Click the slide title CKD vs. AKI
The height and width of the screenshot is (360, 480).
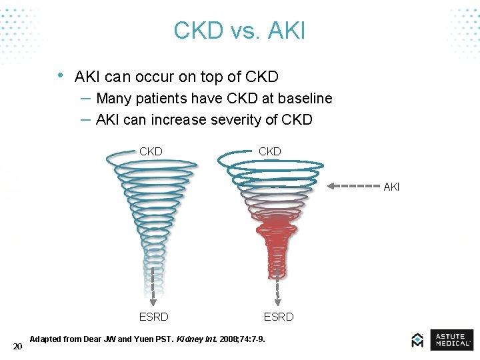click(239, 31)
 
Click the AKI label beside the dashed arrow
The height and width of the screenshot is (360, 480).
click(391, 187)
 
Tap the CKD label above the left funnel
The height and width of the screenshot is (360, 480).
click(151, 151)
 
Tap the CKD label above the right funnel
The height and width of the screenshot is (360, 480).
click(270, 151)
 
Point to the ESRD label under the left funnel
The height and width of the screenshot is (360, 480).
click(153, 317)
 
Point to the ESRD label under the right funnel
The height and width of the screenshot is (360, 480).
click(279, 317)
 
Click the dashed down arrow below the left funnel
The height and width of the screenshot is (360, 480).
click(153, 285)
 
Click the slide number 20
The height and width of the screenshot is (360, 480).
click(18, 346)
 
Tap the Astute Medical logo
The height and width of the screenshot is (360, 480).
click(442, 340)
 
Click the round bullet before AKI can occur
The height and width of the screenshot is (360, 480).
click(61, 75)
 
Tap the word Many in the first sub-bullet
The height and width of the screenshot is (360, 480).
click(114, 99)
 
